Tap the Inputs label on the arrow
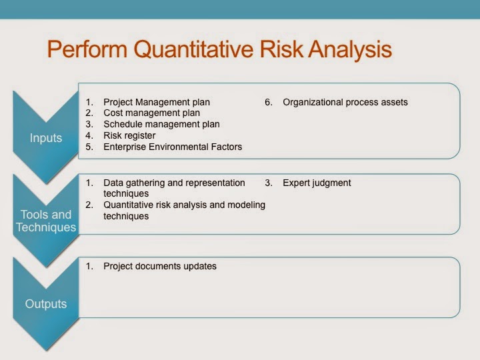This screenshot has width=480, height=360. tap(46, 138)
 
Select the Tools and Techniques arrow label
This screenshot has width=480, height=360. tap(46, 221)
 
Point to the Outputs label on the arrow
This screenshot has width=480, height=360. tap(46, 304)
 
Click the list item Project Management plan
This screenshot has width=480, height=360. tap(157, 102)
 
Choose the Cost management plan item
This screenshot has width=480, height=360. tap(151, 113)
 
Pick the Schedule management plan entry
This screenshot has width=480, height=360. tap(161, 124)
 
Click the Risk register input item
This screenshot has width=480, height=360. tap(129, 135)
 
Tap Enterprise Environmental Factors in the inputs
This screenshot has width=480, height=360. tap(173, 147)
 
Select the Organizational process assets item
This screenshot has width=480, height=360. tap(345, 102)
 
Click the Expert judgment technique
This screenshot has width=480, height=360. tap(317, 183)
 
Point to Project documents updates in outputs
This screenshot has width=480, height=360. tap(160, 266)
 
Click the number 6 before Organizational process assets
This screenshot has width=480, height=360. tap(268, 102)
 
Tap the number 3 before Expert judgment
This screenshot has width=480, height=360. tap(268, 183)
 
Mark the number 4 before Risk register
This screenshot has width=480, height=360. tap(89, 135)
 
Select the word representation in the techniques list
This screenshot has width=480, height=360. tap(216, 183)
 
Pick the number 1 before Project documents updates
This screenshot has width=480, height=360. tap(89, 266)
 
